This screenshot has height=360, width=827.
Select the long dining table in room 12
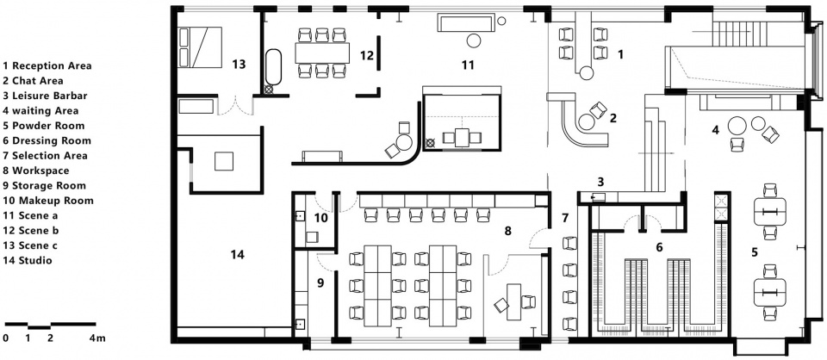(322, 53)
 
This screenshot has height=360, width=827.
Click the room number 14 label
(238, 255)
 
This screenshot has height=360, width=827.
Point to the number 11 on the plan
(468, 65)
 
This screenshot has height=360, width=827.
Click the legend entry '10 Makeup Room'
(48, 201)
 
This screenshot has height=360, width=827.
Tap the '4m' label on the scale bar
(97, 338)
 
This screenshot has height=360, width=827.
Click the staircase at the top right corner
(738, 34)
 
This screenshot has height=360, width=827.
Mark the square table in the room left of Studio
(224, 161)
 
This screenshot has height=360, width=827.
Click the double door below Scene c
(236, 105)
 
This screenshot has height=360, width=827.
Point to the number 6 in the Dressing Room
(659, 246)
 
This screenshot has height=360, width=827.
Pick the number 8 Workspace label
(508, 231)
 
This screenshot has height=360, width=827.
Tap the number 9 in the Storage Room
(320, 282)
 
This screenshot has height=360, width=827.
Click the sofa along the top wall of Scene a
(465, 23)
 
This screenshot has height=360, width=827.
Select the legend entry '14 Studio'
(28, 260)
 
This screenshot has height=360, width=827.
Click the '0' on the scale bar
(6, 338)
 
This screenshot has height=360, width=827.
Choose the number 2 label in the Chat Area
(612, 119)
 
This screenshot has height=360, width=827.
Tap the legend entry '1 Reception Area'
(47, 66)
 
